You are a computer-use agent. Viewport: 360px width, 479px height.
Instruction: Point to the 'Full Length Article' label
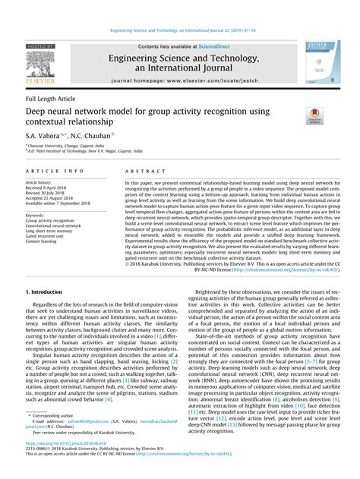52,99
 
